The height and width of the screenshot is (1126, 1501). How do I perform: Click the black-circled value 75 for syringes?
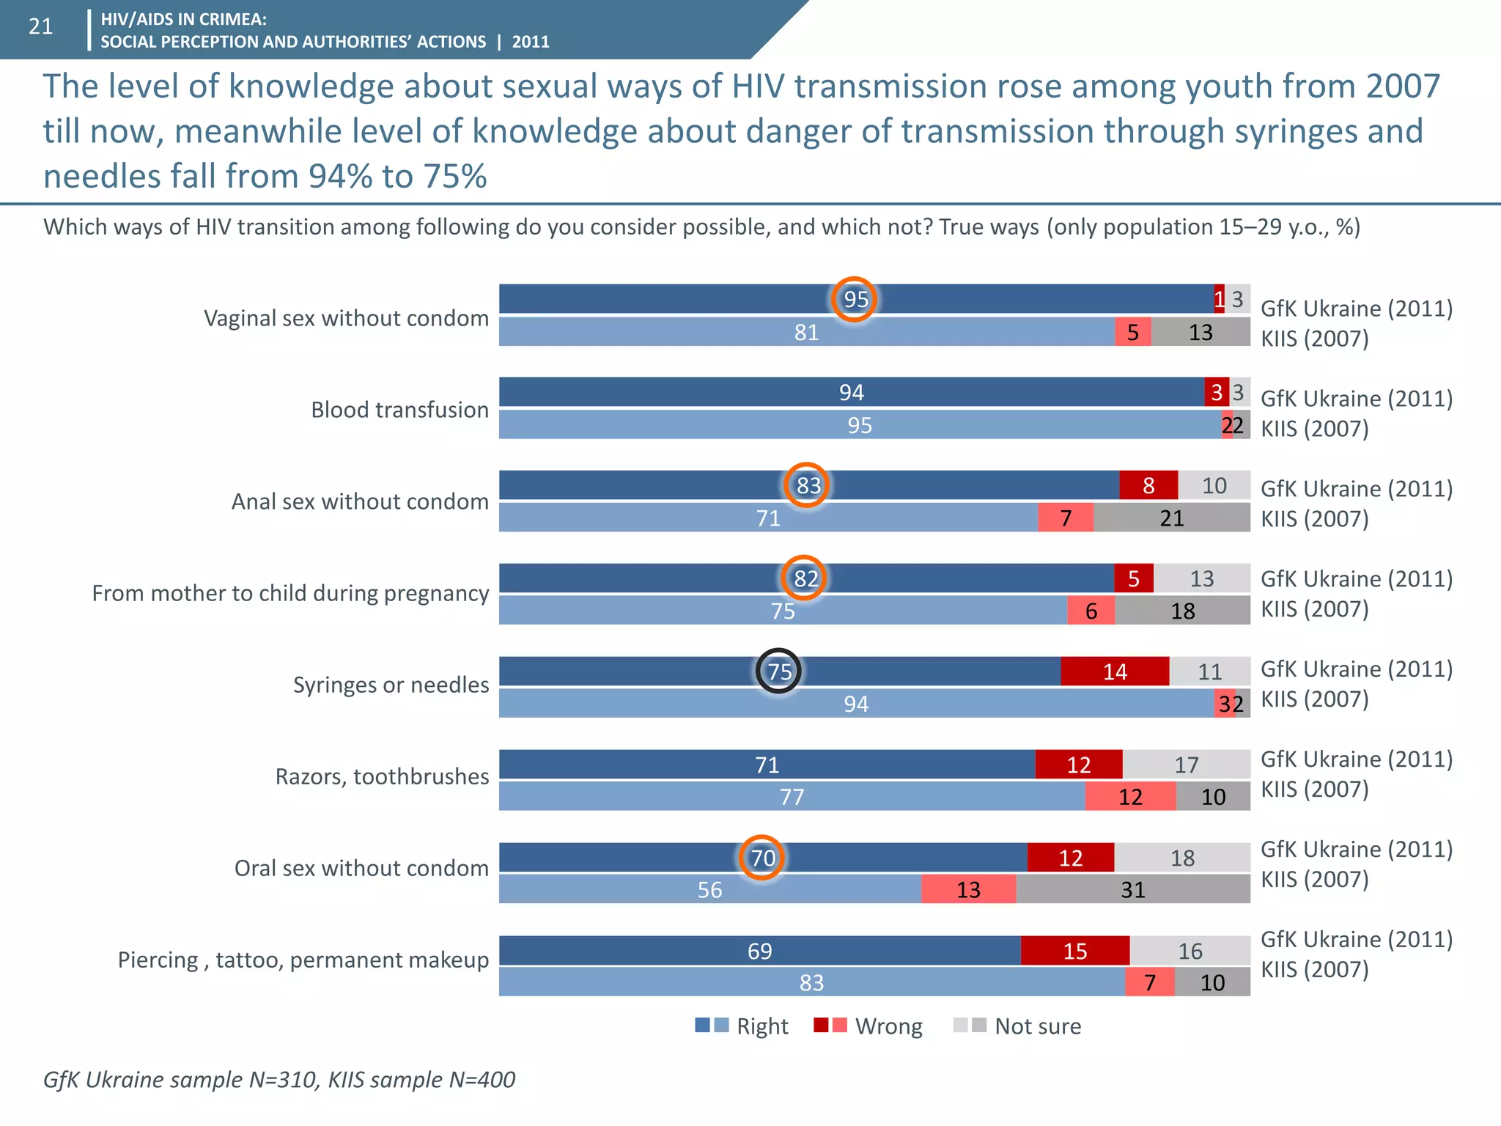pos(778,671)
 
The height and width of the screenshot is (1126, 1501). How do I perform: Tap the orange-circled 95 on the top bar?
pos(855,299)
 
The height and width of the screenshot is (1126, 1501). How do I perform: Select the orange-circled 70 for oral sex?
pos(762,858)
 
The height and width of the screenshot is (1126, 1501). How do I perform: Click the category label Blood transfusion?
pos(399,410)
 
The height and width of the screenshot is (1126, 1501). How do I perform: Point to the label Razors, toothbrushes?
pos(382,776)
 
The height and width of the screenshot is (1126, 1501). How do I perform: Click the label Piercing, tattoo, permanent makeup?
pos(303,960)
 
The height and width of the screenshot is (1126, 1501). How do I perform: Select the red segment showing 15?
pos(1074,951)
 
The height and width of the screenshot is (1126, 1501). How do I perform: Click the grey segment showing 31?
pos(1132,889)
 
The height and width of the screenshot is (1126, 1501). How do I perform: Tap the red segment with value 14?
pos(1114,671)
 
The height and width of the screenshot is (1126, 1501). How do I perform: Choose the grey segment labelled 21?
pos(1171,518)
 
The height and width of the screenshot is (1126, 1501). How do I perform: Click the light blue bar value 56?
pos(709,889)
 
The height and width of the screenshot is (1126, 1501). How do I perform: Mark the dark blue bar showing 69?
pos(759,951)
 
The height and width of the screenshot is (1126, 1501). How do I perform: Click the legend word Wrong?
pos(888,1026)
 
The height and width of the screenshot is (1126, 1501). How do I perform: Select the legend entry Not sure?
pos(1037,1026)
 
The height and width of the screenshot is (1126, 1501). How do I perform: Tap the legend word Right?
pos(762,1026)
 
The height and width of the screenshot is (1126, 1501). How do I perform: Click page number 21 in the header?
pos(40,27)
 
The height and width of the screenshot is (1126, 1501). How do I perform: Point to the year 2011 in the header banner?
pos(531,42)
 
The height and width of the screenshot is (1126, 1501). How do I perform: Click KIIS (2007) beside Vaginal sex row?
pos(1314,339)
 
